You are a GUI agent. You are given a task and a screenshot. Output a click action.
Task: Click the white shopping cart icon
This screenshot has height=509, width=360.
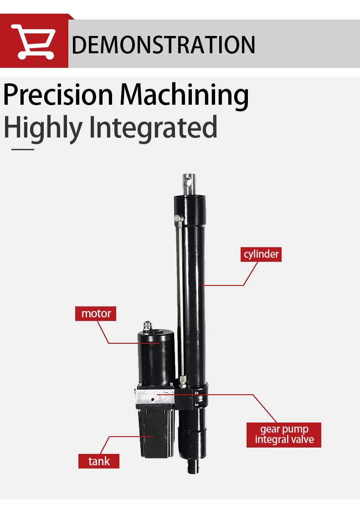33,41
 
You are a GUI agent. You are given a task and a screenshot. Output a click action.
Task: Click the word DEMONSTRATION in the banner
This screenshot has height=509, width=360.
164,45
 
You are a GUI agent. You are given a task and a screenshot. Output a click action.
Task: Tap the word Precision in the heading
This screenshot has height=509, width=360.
58,95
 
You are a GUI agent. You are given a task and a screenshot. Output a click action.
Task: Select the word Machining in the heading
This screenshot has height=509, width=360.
184,96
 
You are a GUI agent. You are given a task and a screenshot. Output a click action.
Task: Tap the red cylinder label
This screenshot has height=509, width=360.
261,254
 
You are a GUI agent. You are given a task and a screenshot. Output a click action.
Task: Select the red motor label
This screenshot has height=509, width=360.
96,314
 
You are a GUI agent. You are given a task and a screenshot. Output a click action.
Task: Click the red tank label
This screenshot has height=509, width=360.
99,461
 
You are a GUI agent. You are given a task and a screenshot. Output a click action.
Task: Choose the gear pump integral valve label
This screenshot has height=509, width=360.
284,435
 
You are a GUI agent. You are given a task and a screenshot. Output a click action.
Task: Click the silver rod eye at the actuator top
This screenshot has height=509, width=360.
189,184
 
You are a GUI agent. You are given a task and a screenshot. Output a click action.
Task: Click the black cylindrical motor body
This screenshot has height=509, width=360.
157,357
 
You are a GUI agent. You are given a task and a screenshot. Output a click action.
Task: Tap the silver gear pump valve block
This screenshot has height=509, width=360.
153,396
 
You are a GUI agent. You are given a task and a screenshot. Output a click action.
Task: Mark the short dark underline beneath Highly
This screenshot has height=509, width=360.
23,149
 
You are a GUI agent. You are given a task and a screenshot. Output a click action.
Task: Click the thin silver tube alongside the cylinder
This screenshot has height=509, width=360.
180,299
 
